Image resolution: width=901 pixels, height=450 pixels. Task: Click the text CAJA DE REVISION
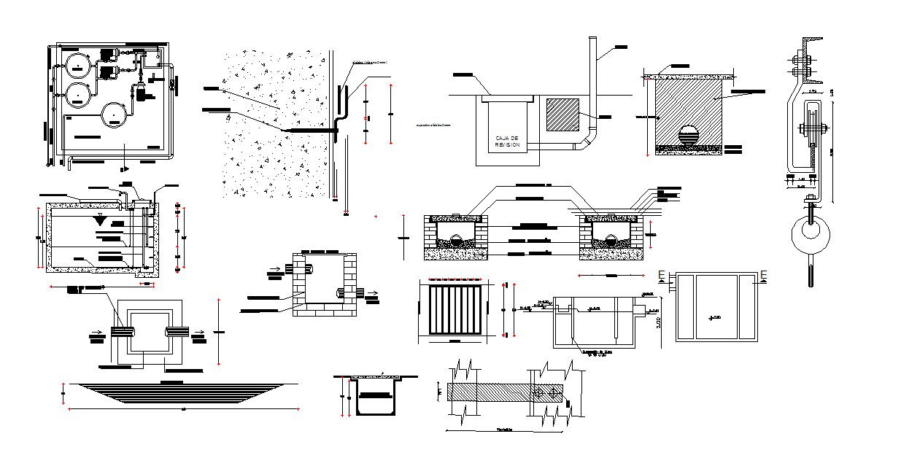pos(506,141)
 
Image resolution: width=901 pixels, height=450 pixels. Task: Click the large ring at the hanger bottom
pos(809,233)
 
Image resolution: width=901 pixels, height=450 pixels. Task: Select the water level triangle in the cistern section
pos(100,220)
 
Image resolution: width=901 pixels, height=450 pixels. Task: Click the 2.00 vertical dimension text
pos(660,318)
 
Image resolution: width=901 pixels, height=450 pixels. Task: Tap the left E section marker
pos(660,275)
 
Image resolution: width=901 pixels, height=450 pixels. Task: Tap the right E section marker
pos(763,275)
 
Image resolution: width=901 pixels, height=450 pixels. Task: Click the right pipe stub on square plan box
pos(177,331)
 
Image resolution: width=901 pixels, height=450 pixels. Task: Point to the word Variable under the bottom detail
pos(504,430)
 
